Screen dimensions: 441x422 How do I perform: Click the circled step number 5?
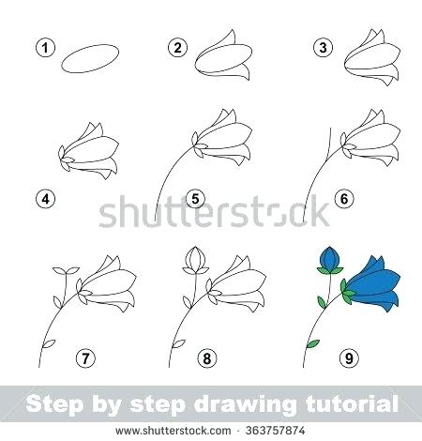pos(196,198)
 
